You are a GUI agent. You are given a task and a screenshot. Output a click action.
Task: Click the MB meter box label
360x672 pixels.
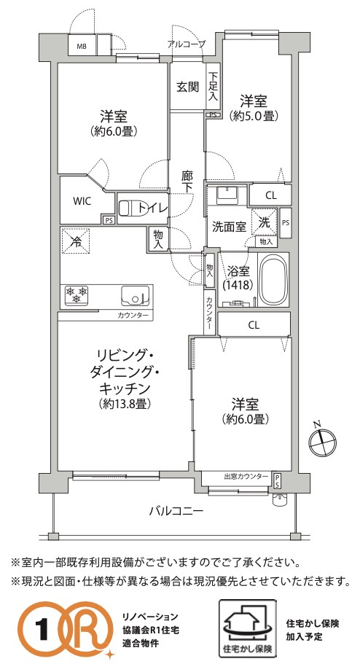(82, 46)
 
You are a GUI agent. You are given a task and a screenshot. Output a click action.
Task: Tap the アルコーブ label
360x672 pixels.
(186, 45)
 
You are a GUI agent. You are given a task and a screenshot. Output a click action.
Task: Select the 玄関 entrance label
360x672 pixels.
(187, 87)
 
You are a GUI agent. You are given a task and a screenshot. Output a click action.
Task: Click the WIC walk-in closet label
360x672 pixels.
(82, 200)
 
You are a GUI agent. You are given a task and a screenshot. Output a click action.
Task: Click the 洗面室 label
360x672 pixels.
(228, 227)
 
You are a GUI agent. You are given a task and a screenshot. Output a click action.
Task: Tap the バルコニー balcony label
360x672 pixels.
(177, 511)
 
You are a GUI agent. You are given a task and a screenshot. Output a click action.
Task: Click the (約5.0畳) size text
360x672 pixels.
(253, 115)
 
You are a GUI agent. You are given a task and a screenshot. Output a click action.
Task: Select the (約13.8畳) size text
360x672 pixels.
(125, 403)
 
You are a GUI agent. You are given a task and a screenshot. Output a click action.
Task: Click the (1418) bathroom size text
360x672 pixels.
(238, 285)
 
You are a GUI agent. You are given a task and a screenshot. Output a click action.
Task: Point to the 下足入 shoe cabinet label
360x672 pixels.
(213, 85)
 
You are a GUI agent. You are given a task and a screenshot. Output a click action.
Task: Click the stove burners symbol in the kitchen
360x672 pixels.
(77, 294)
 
